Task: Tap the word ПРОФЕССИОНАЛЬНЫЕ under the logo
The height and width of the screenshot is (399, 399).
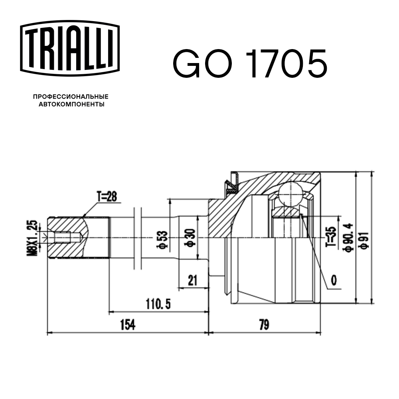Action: pos(71,97)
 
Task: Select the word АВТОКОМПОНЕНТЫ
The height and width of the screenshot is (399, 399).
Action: pos(71,105)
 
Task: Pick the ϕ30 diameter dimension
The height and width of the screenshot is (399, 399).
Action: pos(191,238)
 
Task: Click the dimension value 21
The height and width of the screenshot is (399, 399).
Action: pos(193,280)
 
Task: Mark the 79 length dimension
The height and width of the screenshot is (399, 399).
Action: pos(264,325)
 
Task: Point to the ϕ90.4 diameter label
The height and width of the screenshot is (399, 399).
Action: pos(346,238)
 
